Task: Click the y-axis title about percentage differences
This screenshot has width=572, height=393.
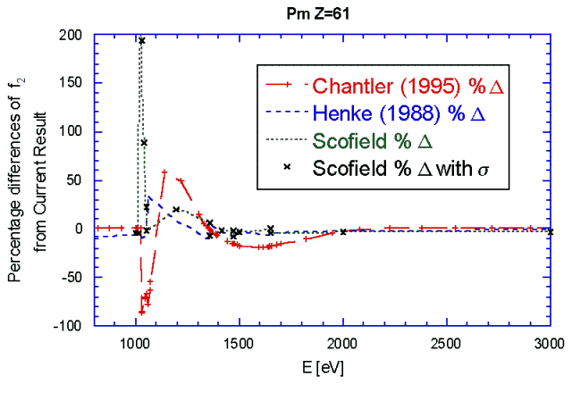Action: tap(26, 181)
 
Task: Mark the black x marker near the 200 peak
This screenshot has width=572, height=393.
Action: tap(141, 41)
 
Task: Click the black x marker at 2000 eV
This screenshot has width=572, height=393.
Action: tap(343, 232)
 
